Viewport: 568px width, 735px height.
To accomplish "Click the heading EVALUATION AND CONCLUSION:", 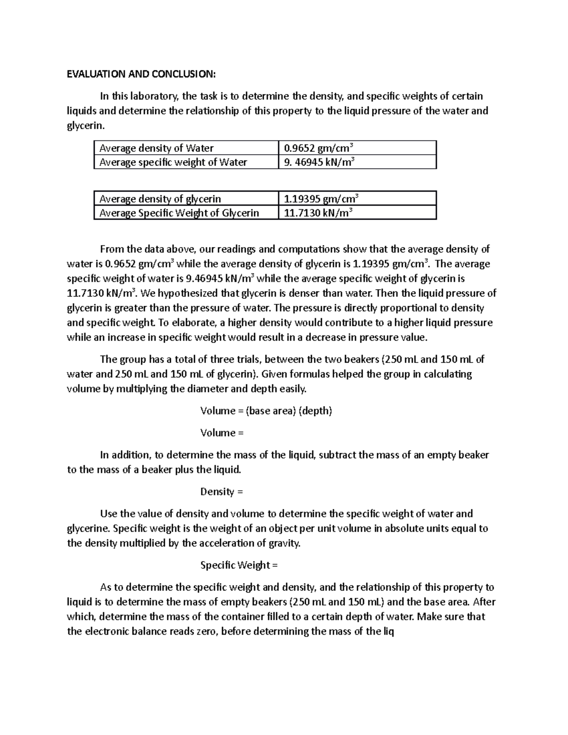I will (141, 74).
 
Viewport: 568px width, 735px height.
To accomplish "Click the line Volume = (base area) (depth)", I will (266, 411).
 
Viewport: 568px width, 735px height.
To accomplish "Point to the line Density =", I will (221, 492).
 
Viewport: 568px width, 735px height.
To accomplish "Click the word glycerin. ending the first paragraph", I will (84, 126).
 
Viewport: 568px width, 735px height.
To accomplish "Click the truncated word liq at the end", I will (388, 631).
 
